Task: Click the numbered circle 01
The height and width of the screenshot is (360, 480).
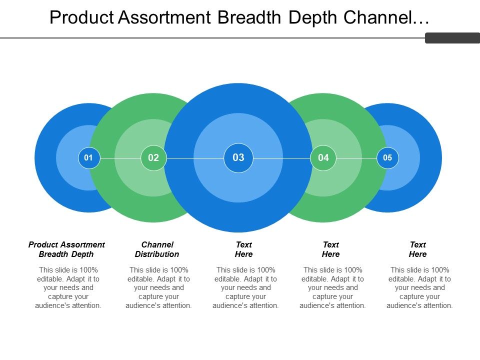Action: pyautogui.click(x=89, y=158)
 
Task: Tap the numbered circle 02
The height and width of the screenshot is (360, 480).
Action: pyautogui.click(x=153, y=158)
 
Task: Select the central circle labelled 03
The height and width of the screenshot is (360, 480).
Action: pyautogui.click(x=238, y=158)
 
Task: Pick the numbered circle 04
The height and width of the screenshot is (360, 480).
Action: pyautogui.click(x=323, y=158)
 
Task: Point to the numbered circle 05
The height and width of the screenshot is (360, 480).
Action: pyautogui.click(x=387, y=158)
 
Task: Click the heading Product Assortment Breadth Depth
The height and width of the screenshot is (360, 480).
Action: pyautogui.click(x=66, y=249)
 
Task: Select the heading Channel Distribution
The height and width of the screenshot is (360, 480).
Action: pyautogui.click(x=157, y=249)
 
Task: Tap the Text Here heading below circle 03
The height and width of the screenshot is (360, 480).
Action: pyautogui.click(x=244, y=249)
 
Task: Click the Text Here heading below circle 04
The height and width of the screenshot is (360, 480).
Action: pyautogui.click(x=331, y=249)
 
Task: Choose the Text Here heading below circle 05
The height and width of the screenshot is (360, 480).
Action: pyautogui.click(x=418, y=249)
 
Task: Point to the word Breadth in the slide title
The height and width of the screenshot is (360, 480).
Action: pyautogui.click(x=250, y=17)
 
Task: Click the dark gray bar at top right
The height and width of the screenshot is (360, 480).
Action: pyautogui.click(x=452, y=38)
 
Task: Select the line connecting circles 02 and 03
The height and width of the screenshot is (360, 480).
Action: pyautogui.click(x=195, y=158)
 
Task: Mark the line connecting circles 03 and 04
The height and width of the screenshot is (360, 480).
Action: pyautogui.click(x=282, y=158)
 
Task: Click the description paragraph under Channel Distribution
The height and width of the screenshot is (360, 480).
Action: pyautogui.click(x=159, y=287)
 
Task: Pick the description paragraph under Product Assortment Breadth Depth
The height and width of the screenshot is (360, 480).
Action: pyautogui.click(x=68, y=287)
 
